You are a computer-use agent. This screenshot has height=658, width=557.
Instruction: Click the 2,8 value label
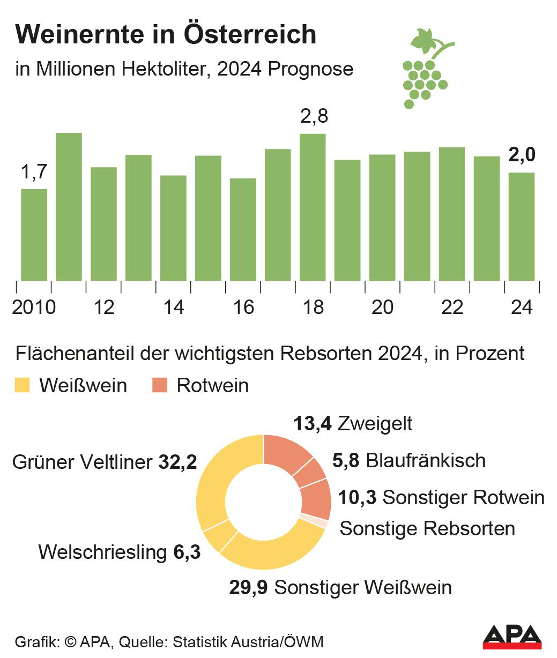click(x=314, y=116)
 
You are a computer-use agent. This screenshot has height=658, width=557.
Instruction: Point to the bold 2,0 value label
click(x=522, y=155)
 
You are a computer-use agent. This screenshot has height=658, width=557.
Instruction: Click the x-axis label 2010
click(x=34, y=308)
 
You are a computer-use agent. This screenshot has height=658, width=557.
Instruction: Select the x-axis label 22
click(x=451, y=308)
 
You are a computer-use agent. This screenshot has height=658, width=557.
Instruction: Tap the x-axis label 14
click(x=173, y=308)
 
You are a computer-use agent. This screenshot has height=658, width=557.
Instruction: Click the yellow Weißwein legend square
click(x=23, y=385)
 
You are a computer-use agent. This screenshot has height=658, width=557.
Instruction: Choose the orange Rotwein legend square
click(x=160, y=385)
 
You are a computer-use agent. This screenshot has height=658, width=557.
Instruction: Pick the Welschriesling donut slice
click(x=220, y=536)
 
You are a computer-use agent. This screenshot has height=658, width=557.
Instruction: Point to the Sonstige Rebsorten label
click(x=427, y=528)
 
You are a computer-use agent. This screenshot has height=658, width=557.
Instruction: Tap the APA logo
click(x=512, y=637)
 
